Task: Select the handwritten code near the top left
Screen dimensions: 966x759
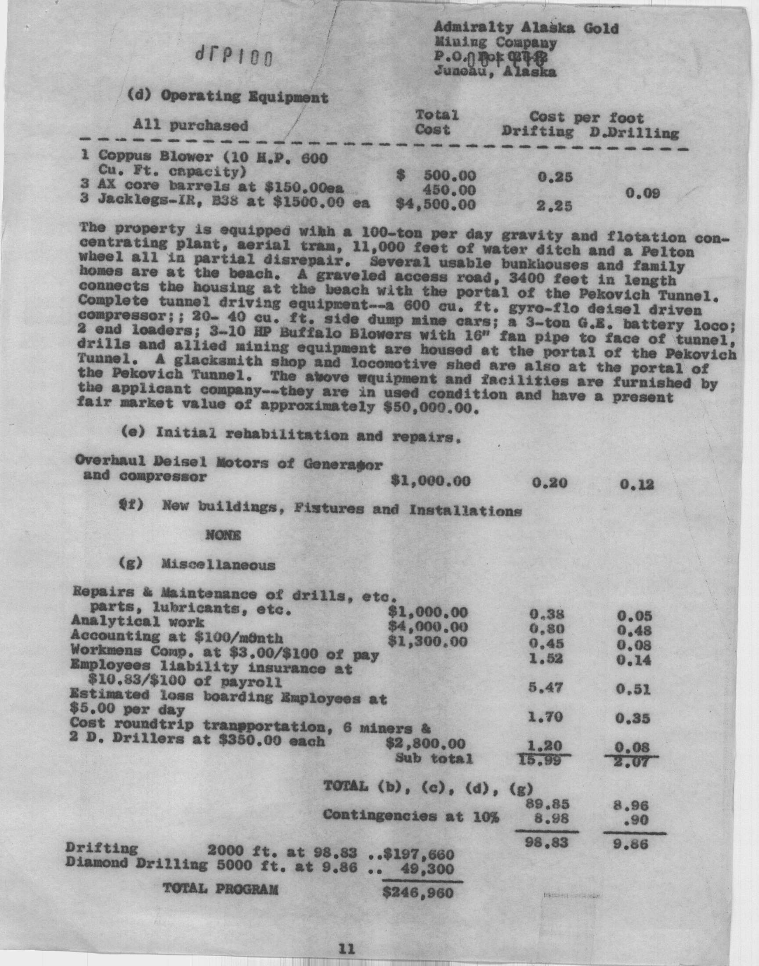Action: click(x=233, y=56)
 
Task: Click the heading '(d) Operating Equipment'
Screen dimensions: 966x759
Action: click(x=228, y=96)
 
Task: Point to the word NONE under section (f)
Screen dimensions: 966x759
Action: click(x=223, y=536)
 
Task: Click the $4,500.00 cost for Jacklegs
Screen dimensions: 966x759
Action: click(x=436, y=204)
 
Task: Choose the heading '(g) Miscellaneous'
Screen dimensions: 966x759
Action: click(x=196, y=565)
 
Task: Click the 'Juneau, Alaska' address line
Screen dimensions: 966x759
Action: click(x=495, y=71)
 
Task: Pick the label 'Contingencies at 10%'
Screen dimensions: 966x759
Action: click(x=411, y=816)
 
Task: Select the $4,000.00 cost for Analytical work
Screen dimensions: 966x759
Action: click(x=428, y=627)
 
